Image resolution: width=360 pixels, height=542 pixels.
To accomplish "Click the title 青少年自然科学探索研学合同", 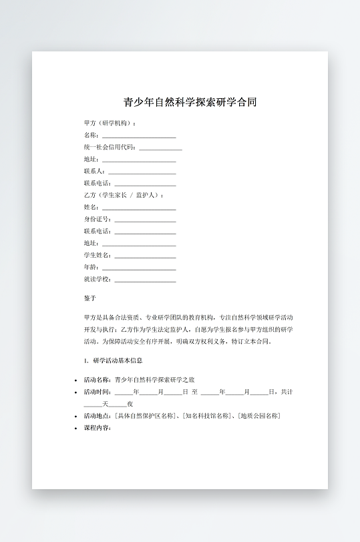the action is pyautogui.click(x=190, y=102).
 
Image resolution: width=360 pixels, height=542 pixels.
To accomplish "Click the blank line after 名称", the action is pyautogui.click(x=138, y=135).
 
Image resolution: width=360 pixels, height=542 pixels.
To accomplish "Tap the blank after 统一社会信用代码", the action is pyautogui.click(x=160, y=148).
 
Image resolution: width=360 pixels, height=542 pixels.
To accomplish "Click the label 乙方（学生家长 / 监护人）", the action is pyautogui.click(x=123, y=196).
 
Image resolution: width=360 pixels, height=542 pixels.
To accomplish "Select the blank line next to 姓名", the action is pyautogui.click(x=138, y=208).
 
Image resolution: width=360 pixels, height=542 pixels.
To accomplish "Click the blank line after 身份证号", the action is pyautogui.click(x=145, y=220).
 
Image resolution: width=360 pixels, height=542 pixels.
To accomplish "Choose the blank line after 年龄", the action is pyautogui.click(x=138, y=268).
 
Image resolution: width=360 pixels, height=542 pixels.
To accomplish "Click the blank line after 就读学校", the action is pyautogui.click(x=145, y=280).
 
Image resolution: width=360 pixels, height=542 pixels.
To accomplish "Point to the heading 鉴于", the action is pyautogui.click(x=90, y=298).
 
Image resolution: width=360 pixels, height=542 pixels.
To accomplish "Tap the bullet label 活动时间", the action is pyautogui.click(x=98, y=392).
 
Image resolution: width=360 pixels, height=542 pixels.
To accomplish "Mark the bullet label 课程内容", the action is pyautogui.click(x=98, y=428).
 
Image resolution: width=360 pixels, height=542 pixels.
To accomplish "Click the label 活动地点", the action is pyautogui.click(x=98, y=416).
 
